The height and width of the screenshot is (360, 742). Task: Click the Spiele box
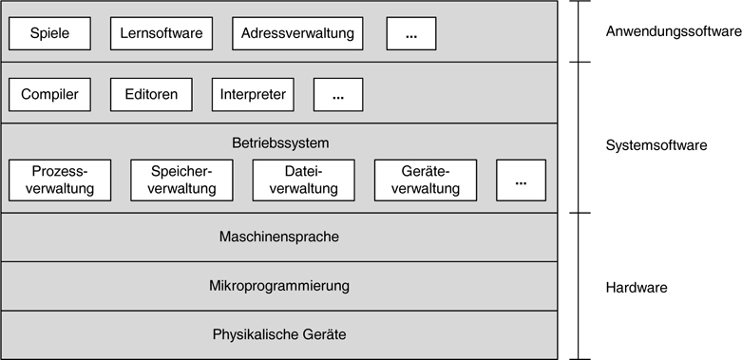pyautogui.click(x=51, y=34)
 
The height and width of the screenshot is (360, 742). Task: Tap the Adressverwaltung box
pyautogui.click(x=297, y=34)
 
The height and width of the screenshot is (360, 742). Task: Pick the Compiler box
pyautogui.click(x=49, y=94)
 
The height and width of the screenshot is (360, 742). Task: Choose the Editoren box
pyautogui.click(x=151, y=94)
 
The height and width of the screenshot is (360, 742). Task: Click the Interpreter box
pyautogui.click(x=253, y=94)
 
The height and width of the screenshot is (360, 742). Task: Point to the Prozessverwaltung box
pyautogui.click(x=60, y=180)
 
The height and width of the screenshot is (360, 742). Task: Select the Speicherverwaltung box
pyautogui.click(x=181, y=180)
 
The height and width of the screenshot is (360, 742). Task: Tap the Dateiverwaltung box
pyautogui.click(x=304, y=180)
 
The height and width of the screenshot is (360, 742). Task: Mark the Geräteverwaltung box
pyautogui.click(x=426, y=180)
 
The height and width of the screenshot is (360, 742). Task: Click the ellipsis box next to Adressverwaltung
pyautogui.click(x=411, y=34)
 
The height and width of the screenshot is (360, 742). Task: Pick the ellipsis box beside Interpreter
pyautogui.click(x=337, y=94)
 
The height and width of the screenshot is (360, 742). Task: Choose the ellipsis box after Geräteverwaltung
pyautogui.click(x=521, y=180)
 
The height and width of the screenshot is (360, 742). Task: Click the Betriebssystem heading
pyautogui.click(x=279, y=143)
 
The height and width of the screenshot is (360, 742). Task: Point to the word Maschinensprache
pyautogui.click(x=279, y=237)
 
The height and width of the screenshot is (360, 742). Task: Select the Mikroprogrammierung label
pyautogui.click(x=279, y=285)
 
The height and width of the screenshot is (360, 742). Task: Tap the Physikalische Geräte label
pyautogui.click(x=279, y=334)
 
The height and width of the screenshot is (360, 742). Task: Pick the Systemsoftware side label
pyautogui.click(x=656, y=146)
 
